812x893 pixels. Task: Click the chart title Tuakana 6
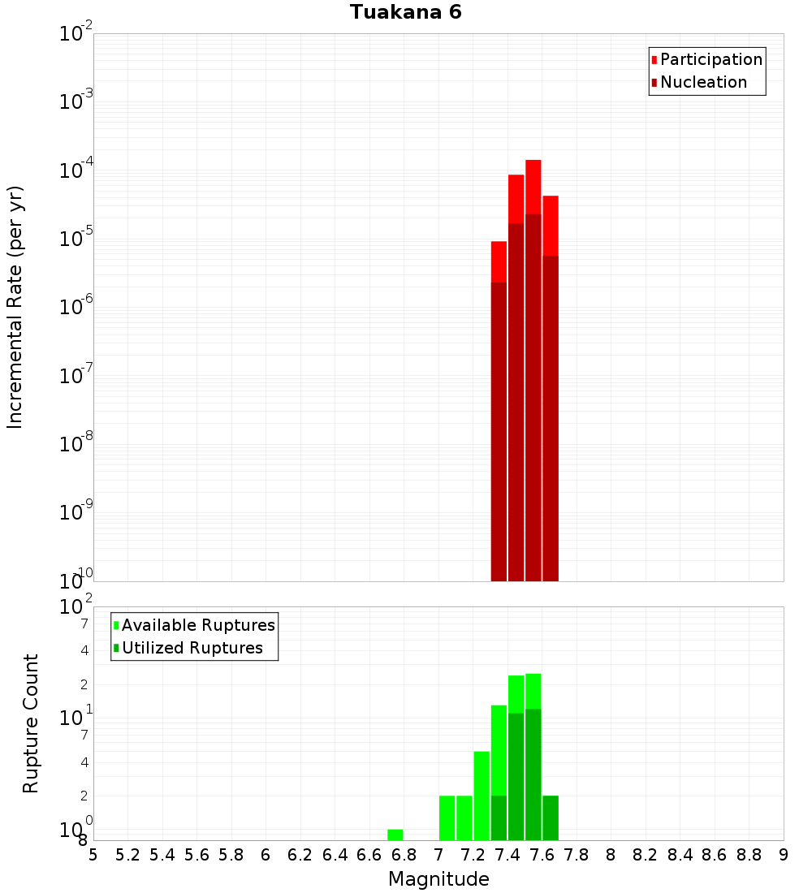click(406, 13)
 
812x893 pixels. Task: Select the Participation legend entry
click(711, 60)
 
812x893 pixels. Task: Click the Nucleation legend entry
click(703, 83)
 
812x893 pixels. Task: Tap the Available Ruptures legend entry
click(198, 626)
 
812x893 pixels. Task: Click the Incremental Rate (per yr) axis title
click(15, 307)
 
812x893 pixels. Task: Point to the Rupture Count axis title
click(31, 723)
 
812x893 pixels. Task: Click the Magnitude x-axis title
click(438, 879)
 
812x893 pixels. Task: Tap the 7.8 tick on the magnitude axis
click(577, 855)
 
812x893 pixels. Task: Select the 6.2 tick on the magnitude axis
click(300, 855)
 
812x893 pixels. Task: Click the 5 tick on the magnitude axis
click(93, 855)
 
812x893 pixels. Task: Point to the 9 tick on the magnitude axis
click(784, 855)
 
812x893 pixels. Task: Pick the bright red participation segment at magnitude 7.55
click(533, 187)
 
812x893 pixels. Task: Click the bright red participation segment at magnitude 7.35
click(499, 261)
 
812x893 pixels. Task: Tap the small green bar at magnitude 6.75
click(395, 835)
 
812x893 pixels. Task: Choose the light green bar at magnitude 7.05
click(447, 818)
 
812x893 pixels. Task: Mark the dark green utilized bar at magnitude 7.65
click(551, 818)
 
